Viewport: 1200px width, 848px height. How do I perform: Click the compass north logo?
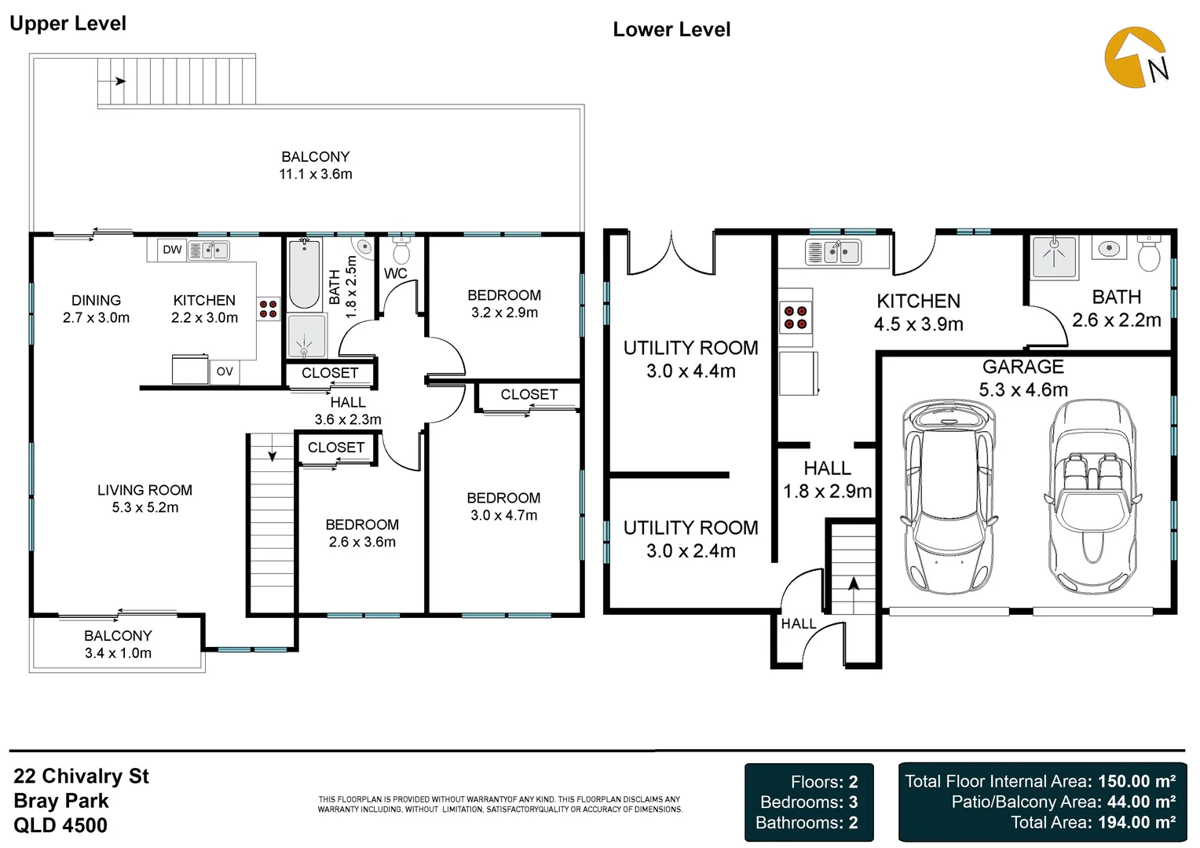(1136, 58)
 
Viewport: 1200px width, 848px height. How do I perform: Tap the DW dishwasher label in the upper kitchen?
(172, 250)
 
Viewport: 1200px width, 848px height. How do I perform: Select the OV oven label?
(225, 371)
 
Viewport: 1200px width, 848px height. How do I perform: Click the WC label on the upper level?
(395, 274)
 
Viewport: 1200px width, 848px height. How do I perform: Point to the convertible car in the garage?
(1092, 496)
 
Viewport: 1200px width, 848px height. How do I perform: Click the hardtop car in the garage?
(949, 496)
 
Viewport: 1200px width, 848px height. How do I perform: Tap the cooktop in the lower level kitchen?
(796, 317)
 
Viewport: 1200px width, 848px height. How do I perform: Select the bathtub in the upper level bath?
(304, 275)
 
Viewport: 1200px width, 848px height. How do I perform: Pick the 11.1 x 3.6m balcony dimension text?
(316, 174)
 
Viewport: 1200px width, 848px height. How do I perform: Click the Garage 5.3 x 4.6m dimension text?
(1023, 389)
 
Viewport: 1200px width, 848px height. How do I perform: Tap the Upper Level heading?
(68, 24)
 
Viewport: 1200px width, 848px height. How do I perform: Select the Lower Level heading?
(671, 30)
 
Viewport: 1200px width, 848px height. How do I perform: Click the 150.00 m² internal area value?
(1137, 781)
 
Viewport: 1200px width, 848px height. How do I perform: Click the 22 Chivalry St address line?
(82, 777)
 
